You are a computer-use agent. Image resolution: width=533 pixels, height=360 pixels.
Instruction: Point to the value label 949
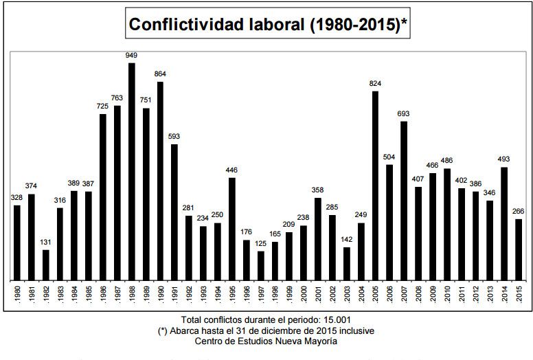tap(131, 55)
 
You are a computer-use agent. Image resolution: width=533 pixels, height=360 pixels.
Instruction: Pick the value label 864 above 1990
tap(160, 74)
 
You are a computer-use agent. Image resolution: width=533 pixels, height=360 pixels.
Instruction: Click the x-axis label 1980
tap(17, 291)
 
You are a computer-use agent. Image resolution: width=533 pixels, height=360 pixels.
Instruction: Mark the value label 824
tap(375, 83)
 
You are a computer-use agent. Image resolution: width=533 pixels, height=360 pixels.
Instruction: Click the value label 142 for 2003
tap(347, 239)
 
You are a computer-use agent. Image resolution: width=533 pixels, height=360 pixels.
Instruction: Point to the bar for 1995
tap(231, 226)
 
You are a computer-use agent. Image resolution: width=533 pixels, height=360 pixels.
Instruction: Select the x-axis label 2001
tap(318, 291)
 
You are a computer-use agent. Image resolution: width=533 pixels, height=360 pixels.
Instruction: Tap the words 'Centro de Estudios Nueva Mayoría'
tap(266, 341)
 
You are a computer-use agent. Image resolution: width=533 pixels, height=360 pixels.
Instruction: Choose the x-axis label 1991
tap(174, 291)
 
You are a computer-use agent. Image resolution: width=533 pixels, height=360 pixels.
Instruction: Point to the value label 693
tap(404, 113)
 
